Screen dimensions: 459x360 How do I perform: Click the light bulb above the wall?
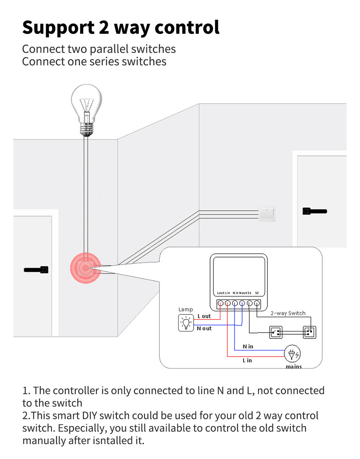(87, 107)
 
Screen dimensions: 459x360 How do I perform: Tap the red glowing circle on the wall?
(86, 268)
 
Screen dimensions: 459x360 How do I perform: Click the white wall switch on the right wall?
(267, 214)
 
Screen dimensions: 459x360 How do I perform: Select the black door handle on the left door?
(36, 269)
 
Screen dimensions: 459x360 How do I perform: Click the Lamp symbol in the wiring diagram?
(186, 323)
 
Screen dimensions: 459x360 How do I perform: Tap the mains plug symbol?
(292, 354)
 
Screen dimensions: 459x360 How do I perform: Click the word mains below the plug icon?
(294, 366)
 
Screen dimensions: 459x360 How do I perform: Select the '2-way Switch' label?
(288, 313)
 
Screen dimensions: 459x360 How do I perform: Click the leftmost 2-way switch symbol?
(276, 332)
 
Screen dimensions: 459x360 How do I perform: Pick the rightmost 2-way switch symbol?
(309, 332)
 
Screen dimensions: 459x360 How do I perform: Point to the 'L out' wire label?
(204, 316)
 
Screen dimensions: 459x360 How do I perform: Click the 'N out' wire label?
(204, 328)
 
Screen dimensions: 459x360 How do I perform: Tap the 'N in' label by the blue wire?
(248, 346)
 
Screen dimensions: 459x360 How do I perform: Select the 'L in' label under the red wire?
(247, 360)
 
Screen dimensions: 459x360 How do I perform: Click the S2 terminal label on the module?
(257, 293)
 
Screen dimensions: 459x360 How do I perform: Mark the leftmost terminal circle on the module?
(220, 303)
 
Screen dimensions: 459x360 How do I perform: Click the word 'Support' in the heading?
(58, 27)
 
